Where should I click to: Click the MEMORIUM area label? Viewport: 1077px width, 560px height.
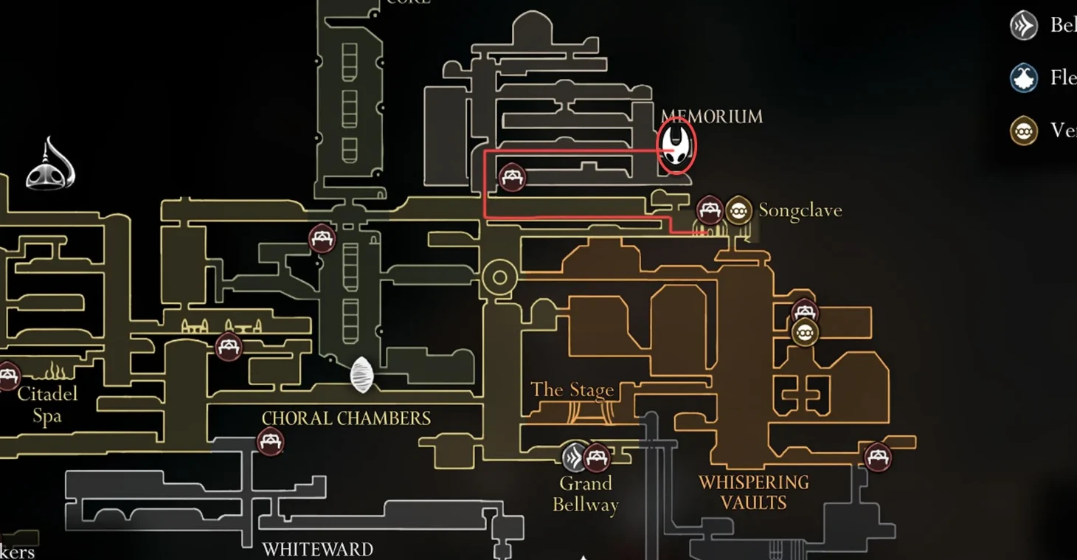coord(711,117)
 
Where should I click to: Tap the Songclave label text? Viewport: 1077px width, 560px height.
coord(800,210)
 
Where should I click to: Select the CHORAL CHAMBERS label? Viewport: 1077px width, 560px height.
coord(346,418)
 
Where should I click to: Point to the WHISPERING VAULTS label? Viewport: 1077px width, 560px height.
coord(753,492)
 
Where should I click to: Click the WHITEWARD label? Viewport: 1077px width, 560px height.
coord(317,550)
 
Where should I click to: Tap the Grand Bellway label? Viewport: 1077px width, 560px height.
coord(586,494)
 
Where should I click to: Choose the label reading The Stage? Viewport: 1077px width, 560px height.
coord(572,390)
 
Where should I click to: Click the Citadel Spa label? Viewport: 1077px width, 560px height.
coord(47,404)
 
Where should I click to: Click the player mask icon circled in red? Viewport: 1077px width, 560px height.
coord(676,145)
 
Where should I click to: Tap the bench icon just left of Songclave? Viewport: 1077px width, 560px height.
coord(710,210)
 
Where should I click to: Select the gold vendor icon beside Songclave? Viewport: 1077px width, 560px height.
coord(738,210)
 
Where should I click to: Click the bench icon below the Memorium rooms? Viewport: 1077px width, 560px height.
coord(512,178)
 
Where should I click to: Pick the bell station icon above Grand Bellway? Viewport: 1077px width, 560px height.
coord(574,457)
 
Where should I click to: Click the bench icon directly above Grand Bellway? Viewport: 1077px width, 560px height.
coord(596,457)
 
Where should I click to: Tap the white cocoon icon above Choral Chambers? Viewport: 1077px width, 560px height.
coord(361,375)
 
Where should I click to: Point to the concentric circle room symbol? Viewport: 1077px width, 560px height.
coord(499,277)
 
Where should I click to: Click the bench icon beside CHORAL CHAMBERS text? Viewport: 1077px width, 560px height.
coord(270,442)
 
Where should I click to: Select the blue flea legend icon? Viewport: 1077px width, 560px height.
coord(1024,78)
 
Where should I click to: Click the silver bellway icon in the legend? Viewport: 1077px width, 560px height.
coord(1024,26)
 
